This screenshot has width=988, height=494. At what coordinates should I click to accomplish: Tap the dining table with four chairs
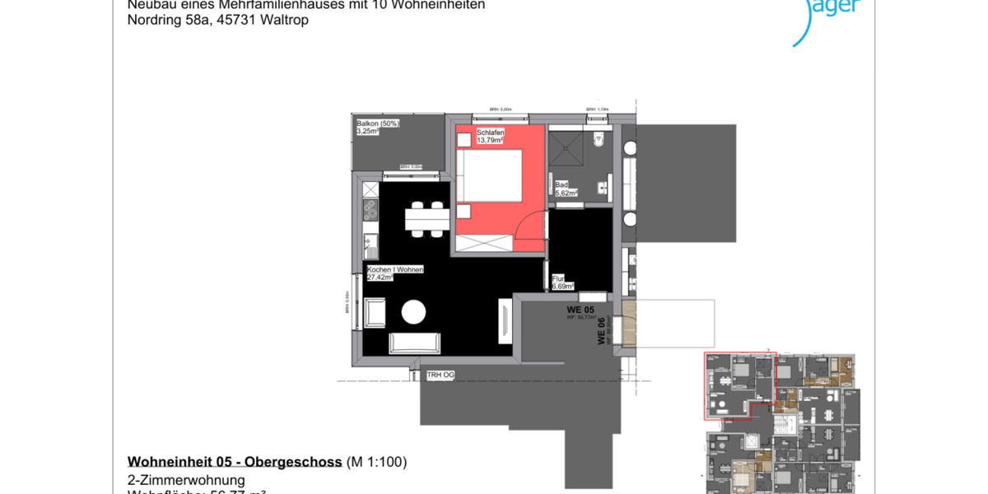[x=426, y=219]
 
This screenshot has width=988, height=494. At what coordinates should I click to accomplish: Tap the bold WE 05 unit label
[x=580, y=310]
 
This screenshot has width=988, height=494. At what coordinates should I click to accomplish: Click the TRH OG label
[x=440, y=375]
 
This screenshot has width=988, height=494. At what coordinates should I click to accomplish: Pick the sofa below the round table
[x=413, y=342]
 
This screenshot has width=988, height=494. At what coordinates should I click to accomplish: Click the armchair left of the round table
[x=375, y=313]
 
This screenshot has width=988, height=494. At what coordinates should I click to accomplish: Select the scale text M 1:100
[x=376, y=462]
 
